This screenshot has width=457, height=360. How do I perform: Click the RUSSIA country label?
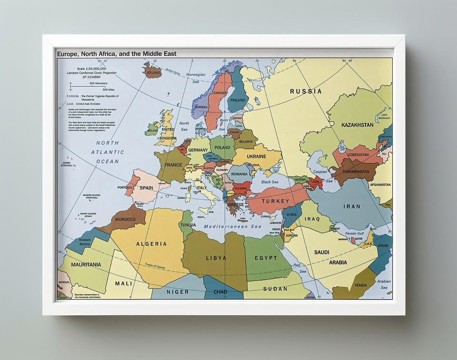click(306, 91)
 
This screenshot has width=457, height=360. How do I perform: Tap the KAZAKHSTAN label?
click(357, 125)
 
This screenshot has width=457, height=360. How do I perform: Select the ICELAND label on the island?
click(153, 74)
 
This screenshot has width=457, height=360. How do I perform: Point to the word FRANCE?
click(173, 165)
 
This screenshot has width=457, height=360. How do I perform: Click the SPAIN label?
click(146, 188)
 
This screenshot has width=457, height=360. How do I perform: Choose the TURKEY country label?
click(275, 201)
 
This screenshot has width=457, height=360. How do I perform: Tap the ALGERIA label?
click(151, 244)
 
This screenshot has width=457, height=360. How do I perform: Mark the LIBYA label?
click(216, 258)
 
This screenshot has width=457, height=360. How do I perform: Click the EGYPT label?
click(266, 258)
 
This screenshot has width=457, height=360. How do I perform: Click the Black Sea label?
click(269, 182)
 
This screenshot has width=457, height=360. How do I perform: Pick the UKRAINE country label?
click(256, 156)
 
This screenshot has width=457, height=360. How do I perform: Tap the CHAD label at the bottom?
click(220, 291)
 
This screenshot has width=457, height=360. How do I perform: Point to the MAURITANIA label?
click(86, 264)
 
